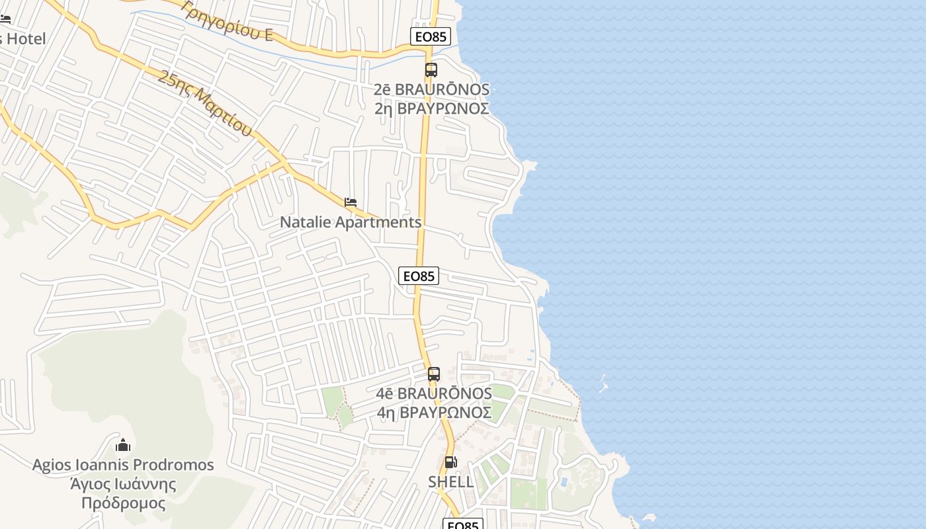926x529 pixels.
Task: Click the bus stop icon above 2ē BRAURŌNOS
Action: click(431, 69)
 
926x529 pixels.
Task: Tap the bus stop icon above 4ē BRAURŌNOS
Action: click(433, 374)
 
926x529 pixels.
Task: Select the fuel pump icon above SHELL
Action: click(450, 462)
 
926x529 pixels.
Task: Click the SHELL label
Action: click(450, 481)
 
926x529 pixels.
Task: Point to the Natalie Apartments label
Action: click(351, 222)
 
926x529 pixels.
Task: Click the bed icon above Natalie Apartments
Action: click(351, 202)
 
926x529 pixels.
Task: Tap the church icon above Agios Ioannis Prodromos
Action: click(123, 445)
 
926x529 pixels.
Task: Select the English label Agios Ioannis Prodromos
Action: click(123, 465)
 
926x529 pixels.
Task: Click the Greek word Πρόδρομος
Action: click(123, 503)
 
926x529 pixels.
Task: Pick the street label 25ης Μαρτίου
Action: click(206, 102)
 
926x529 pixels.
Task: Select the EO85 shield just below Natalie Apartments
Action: click(419, 276)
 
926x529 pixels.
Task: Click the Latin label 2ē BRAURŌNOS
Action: click(431, 89)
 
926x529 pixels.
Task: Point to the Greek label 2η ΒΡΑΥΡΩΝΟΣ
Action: click(431, 108)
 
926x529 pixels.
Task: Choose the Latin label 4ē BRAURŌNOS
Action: click(434, 393)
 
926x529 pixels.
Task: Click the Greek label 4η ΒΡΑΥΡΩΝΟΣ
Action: click(434, 412)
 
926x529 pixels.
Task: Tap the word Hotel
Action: click(26, 39)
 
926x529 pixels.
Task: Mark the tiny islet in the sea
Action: click(603, 383)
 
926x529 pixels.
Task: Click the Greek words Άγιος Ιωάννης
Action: click(123, 484)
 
